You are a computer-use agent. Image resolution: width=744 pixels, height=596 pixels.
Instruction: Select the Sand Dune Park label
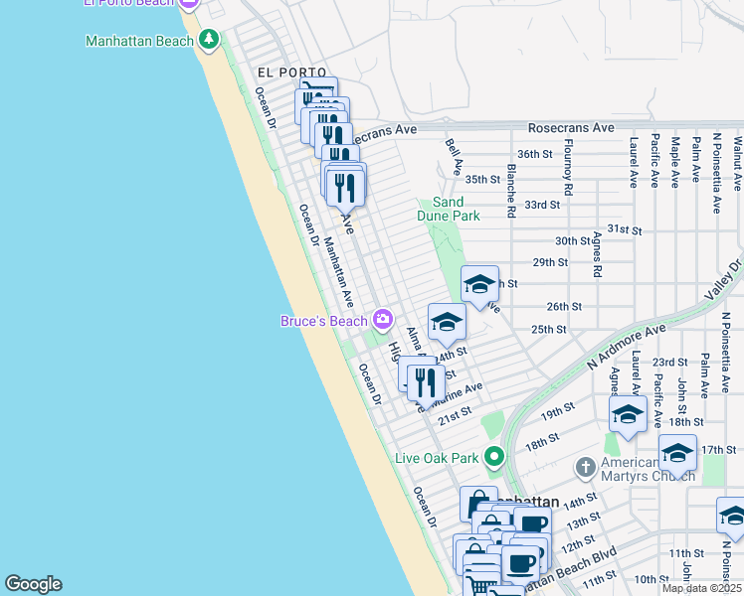tap(456, 209)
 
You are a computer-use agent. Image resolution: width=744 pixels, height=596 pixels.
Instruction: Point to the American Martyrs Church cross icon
tap(586, 466)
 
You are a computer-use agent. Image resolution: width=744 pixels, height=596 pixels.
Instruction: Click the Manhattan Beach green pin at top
tap(208, 41)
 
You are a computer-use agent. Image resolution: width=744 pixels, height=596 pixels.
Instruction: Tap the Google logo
tap(33, 584)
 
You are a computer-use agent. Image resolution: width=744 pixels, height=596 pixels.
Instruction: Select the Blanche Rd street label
tap(510, 191)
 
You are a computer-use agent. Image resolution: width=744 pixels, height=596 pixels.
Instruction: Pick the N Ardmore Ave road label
tap(626, 347)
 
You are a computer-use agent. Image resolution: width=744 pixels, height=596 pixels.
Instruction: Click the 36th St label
tap(534, 154)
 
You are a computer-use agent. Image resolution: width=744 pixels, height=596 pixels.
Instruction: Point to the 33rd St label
tap(542, 205)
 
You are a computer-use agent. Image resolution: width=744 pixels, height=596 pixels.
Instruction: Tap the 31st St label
tap(625, 229)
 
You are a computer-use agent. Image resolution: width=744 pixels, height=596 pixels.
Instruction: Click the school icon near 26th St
tap(479, 285)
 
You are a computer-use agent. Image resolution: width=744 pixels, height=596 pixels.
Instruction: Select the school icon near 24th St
tap(447, 322)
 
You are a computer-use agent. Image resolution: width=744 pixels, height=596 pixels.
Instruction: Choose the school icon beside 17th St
tap(677, 453)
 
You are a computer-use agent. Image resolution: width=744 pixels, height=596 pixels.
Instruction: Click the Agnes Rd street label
tap(598, 256)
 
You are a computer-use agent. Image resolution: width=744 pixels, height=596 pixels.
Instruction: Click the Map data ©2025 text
tap(701, 588)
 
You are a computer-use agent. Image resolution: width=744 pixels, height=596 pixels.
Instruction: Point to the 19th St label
tap(559, 408)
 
